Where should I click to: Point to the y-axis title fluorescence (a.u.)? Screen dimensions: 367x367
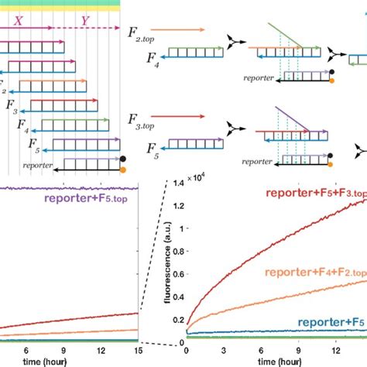(165, 259)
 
